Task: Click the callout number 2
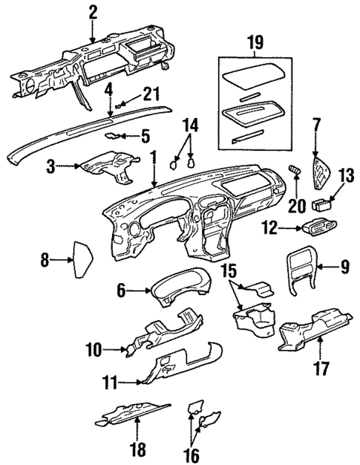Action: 92,11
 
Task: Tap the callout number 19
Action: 255,42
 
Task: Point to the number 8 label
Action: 45,259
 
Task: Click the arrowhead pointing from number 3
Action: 79,169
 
